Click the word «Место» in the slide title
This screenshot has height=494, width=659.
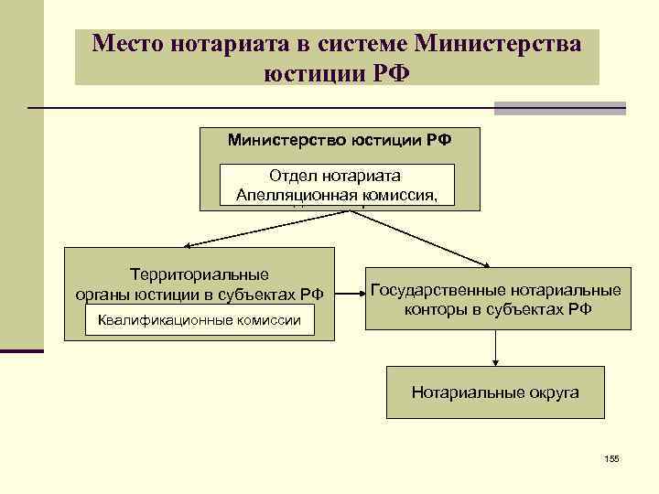tap(127, 43)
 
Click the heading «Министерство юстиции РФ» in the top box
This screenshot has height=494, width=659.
tap(340, 140)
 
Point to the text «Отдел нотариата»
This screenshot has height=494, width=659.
tap(337, 175)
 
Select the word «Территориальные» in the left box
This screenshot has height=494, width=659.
tap(199, 274)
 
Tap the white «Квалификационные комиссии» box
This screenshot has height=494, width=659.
tap(200, 320)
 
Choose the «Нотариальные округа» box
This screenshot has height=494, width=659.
tap(495, 392)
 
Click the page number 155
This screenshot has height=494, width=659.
tap(611, 457)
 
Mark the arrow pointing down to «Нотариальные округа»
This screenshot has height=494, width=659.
tap(495, 349)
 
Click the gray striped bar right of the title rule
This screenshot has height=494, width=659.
tap(559, 108)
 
